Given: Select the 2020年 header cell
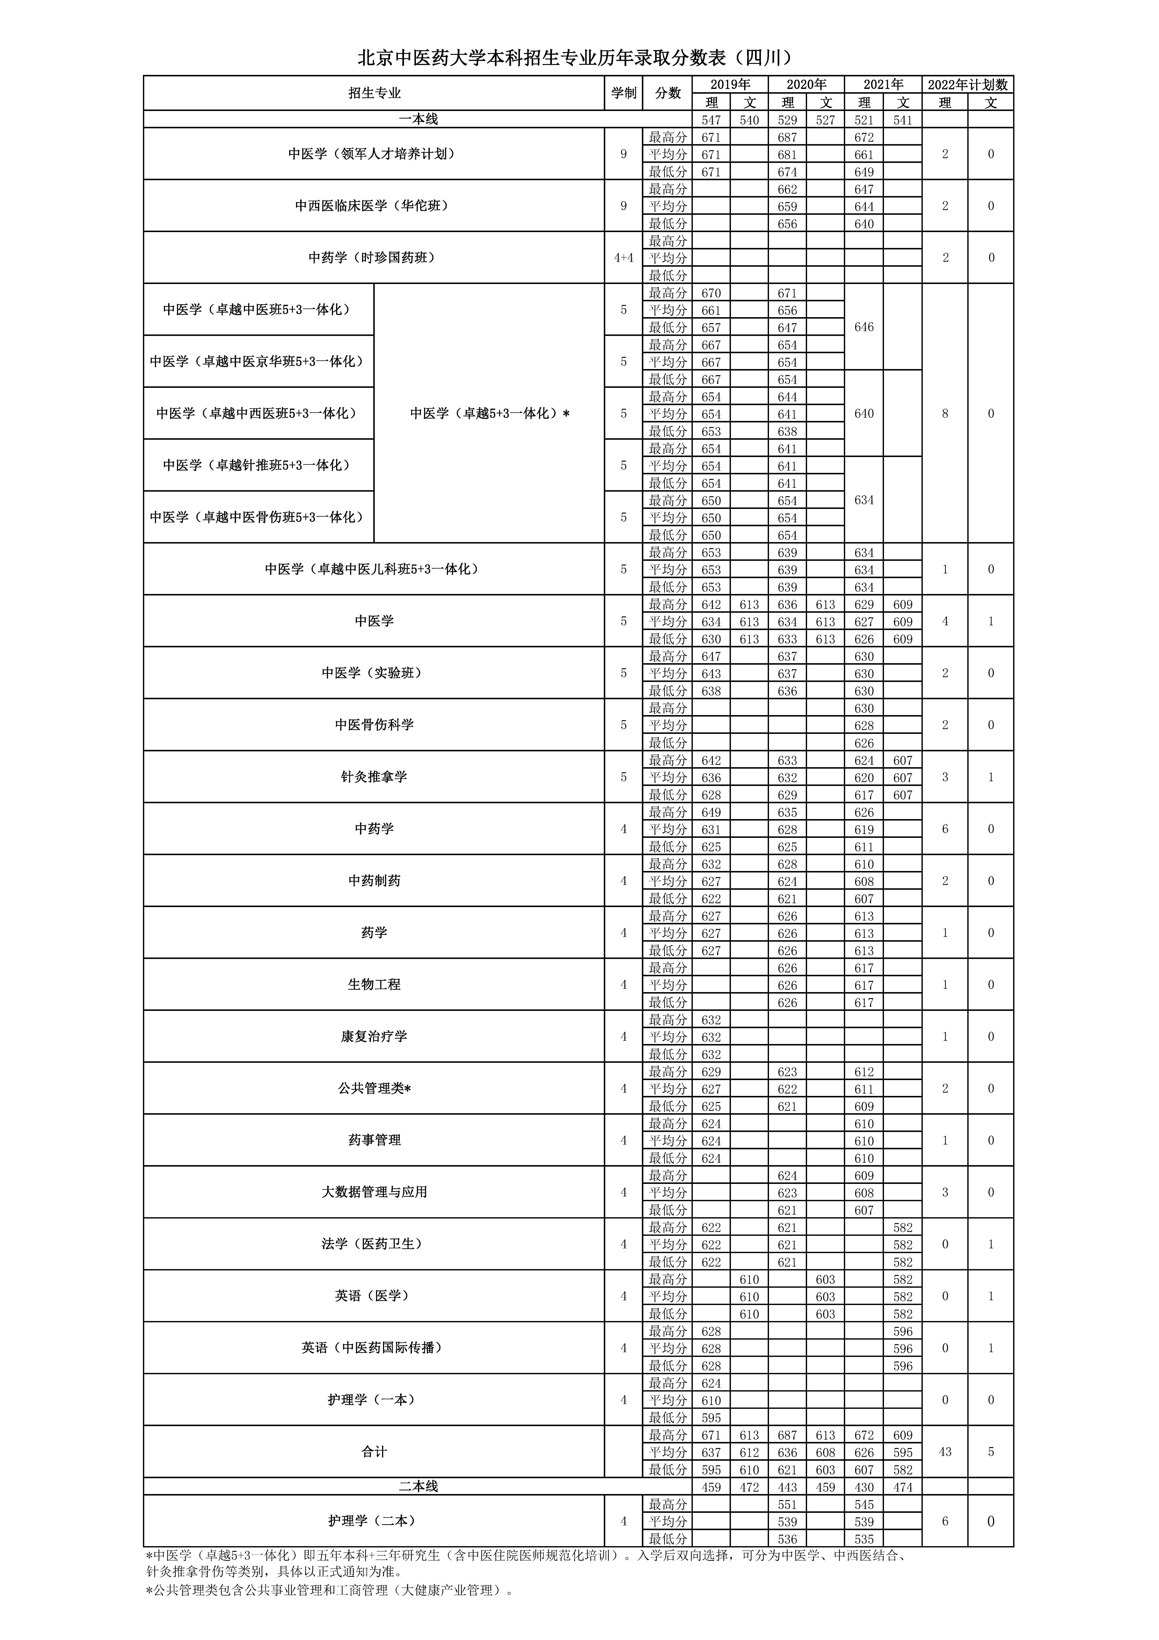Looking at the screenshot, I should click(806, 84).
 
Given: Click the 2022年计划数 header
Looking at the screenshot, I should click(968, 84).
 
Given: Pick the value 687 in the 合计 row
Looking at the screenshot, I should click(787, 1435).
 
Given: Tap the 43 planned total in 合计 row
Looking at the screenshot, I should click(945, 1452).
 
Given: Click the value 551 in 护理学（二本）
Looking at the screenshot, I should click(787, 1504).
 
